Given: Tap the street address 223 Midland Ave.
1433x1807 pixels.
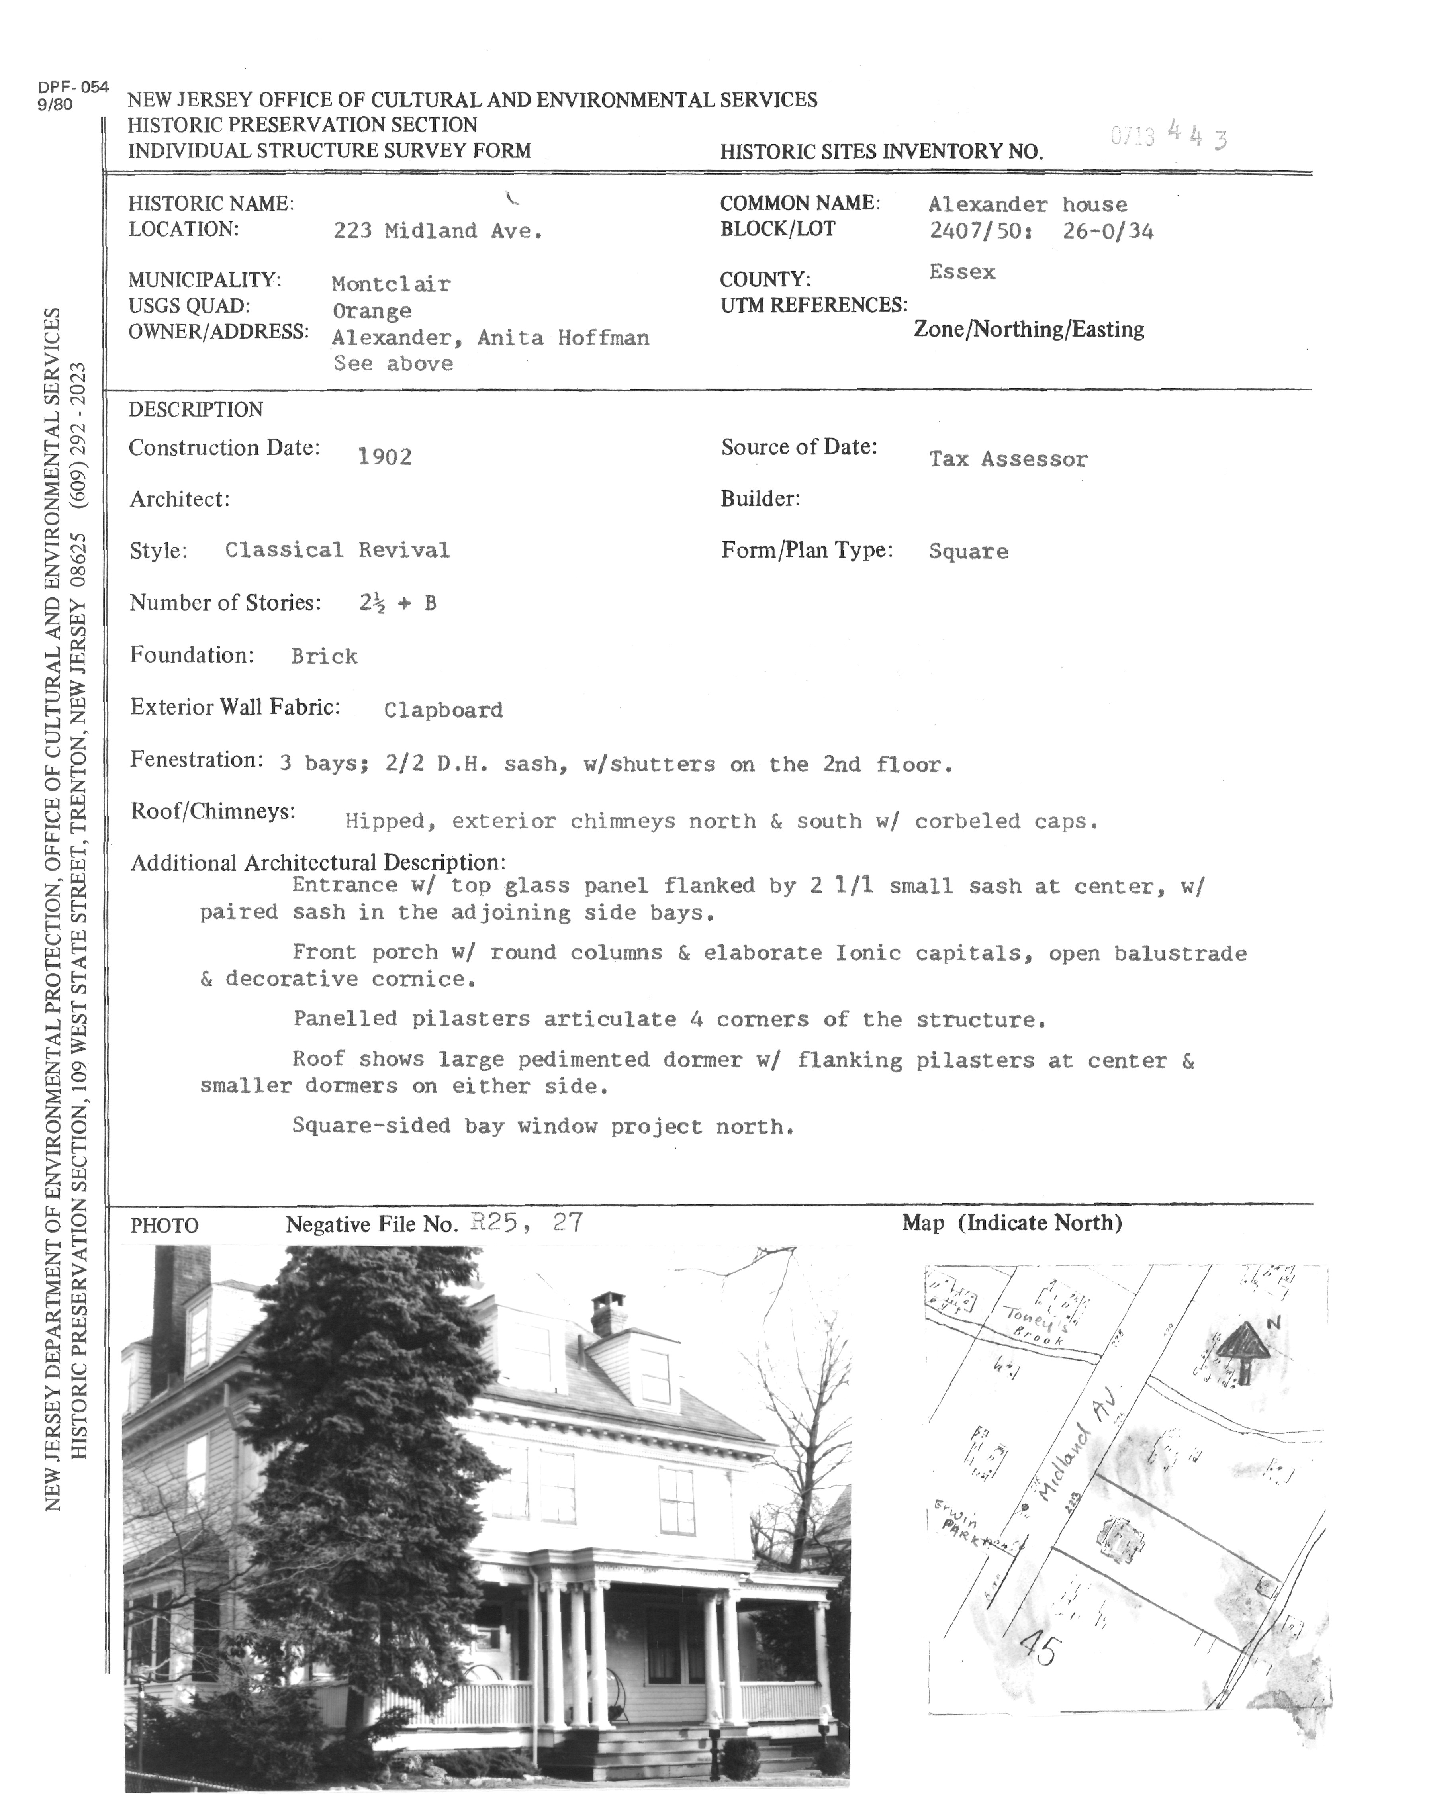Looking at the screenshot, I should [x=437, y=231].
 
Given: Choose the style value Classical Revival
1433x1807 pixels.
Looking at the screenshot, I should [x=337, y=551].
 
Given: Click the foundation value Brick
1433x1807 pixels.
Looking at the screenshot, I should [x=324, y=656].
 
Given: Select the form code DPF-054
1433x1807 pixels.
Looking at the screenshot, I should [x=73, y=87].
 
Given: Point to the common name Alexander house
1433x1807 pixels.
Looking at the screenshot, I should [x=1028, y=204].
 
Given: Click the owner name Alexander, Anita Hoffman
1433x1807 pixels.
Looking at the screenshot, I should [x=490, y=338].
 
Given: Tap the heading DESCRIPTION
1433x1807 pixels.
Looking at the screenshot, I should [x=195, y=410].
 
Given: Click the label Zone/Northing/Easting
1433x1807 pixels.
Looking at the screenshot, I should [x=1028, y=329].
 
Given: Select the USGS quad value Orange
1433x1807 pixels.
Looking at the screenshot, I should [x=372, y=311].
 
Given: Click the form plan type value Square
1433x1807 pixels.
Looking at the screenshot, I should [x=968, y=552].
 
